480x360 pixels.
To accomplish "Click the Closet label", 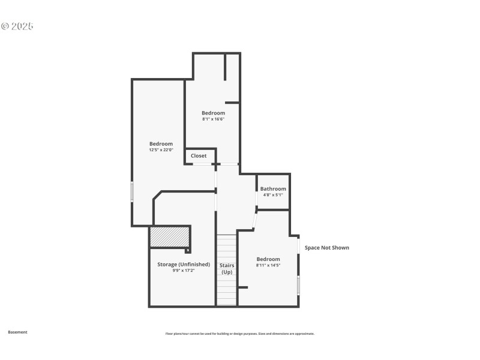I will [199, 156].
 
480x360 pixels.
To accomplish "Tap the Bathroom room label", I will [273, 189].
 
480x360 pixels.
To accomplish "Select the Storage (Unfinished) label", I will [184, 265].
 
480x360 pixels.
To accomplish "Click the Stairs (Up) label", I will [227, 268].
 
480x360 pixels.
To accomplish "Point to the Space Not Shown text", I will [326, 248].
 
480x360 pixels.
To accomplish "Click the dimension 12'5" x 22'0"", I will [161, 150].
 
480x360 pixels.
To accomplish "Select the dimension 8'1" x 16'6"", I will [213, 119].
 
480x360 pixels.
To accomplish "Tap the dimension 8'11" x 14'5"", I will [268, 265].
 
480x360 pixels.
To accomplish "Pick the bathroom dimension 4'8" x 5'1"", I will [273, 195].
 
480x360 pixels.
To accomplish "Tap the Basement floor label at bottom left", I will [17, 332].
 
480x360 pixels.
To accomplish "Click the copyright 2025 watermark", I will [17, 26].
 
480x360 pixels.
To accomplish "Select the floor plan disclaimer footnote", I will [240, 334].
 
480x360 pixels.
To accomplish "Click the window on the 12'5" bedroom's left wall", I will [132, 191].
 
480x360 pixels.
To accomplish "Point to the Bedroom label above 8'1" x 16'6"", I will [213, 113].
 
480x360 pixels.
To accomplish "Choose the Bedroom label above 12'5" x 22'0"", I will [161, 144].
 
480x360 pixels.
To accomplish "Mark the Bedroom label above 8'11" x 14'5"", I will [268, 259].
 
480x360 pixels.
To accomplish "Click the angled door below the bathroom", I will [254, 220].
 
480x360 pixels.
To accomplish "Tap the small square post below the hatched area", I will [188, 250].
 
